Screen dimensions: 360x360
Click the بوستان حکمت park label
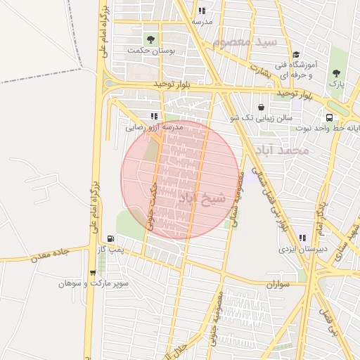148,51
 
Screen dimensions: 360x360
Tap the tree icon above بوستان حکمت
148,38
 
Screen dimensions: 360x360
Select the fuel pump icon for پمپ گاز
110,238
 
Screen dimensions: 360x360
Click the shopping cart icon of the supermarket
93,273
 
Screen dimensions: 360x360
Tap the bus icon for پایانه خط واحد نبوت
329,117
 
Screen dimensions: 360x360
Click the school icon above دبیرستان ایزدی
302,238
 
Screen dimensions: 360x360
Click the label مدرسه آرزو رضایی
154,128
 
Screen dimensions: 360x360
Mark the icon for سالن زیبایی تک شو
262,108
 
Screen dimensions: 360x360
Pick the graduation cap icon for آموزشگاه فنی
296,55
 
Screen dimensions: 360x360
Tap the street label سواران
277,285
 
